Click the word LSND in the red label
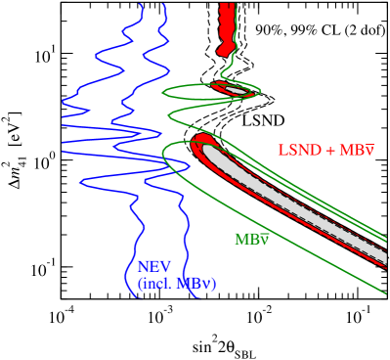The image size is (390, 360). tap(295, 151)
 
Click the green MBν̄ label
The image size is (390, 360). tap(251, 240)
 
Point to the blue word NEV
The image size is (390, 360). tap(154, 267)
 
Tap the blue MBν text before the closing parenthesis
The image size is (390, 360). tap(194, 284)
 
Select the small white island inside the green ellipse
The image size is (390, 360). tap(236, 90)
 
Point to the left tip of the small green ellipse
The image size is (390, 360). tap(163, 92)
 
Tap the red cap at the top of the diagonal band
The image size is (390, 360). tap(201, 141)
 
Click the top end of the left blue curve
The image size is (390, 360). tap(141, 5)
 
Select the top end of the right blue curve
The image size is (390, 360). tap(163, 5)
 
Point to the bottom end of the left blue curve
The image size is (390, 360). tap(143, 296)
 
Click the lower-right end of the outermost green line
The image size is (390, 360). tap(386, 293)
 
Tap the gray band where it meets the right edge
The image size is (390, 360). tap(384, 253)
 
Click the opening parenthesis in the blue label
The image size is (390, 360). tap(140, 284)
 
